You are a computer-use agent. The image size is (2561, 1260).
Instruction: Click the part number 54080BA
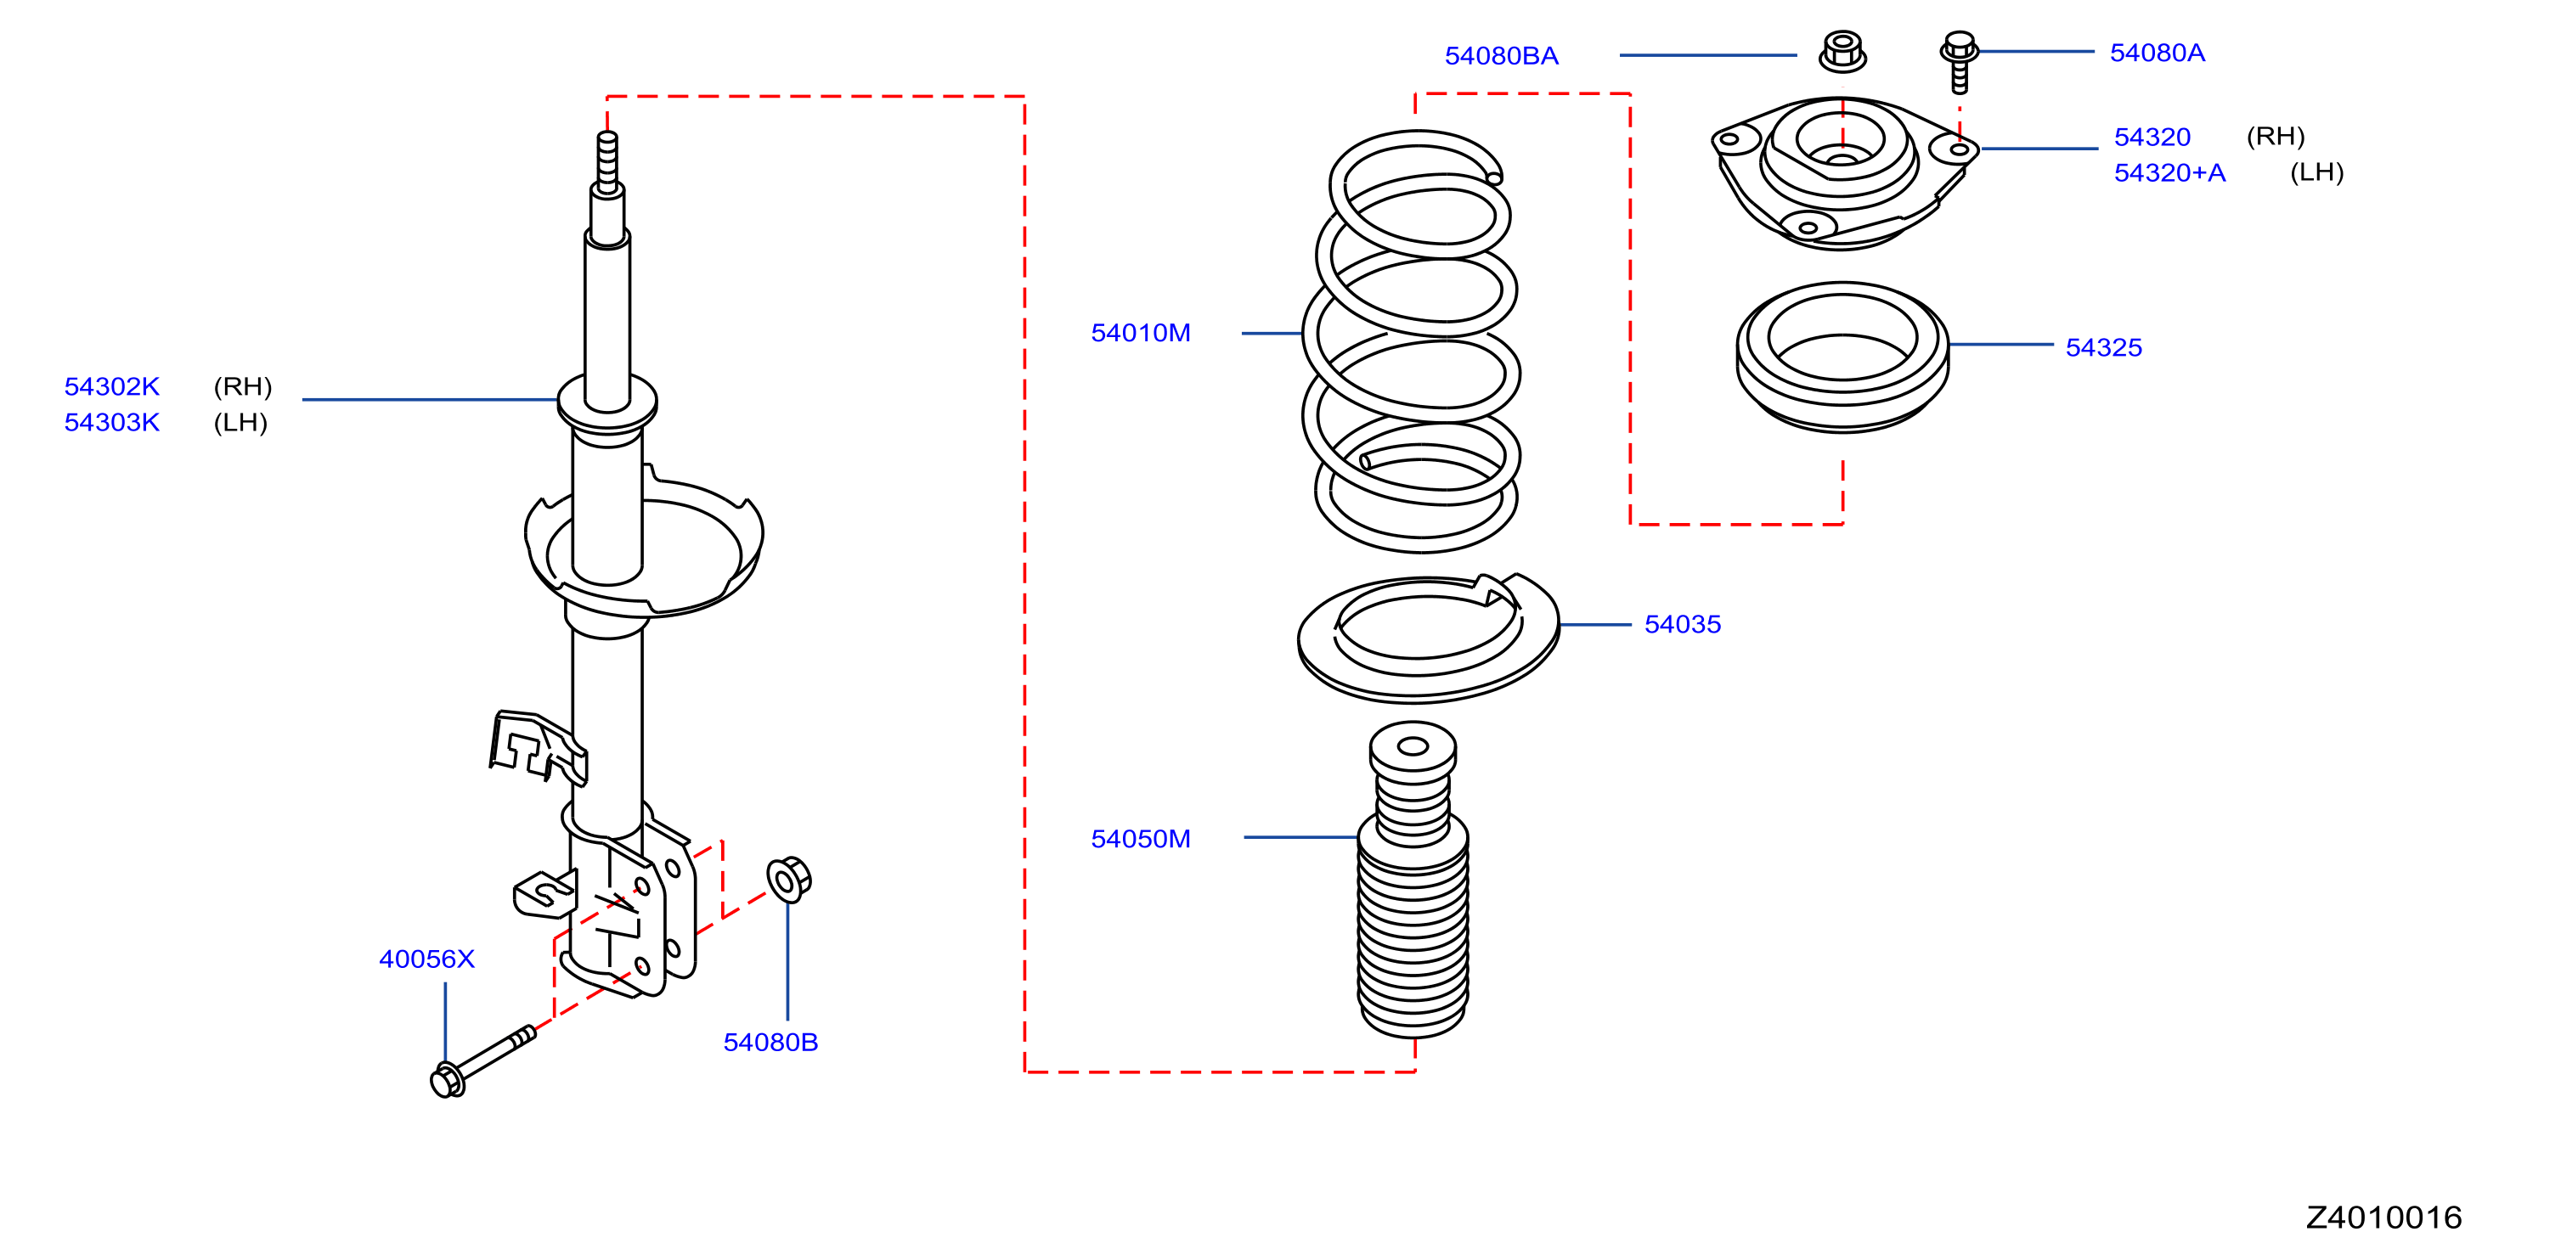tap(1501, 56)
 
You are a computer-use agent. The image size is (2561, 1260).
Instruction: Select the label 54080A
tap(2158, 53)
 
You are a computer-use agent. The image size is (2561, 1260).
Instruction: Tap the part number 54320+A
tap(2169, 173)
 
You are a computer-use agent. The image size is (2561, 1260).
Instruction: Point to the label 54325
tap(2104, 348)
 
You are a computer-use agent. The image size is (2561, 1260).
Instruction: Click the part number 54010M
tap(1140, 333)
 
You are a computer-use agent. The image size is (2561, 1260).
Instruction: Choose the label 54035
tap(1682, 624)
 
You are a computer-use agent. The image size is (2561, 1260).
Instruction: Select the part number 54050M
tap(1140, 839)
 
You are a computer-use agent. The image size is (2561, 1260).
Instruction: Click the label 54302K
tap(112, 386)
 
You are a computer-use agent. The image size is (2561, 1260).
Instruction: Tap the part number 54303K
tap(112, 422)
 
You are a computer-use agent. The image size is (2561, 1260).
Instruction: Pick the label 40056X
tap(426, 959)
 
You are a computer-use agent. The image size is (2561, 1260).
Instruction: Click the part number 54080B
tap(770, 1043)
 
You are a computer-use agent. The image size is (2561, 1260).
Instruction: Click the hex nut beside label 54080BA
tap(1842, 52)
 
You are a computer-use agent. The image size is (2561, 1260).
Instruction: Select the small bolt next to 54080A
tap(1959, 62)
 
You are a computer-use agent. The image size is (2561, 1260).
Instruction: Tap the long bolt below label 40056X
tap(483, 1061)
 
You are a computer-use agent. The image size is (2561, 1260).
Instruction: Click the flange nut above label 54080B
tap(788, 879)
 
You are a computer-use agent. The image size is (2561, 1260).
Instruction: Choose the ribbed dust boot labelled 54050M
tap(1413, 880)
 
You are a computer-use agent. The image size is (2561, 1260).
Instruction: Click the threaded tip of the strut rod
tap(607, 161)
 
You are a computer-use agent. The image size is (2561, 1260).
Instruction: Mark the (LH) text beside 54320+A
tap(2316, 173)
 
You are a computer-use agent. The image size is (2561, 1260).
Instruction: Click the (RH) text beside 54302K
tap(243, 386)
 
